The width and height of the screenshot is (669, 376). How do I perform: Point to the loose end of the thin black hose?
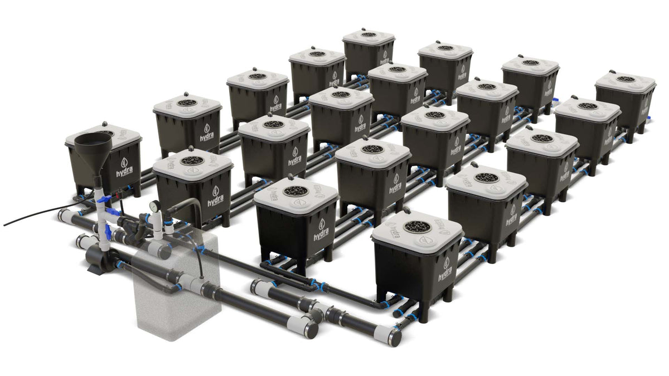coord(5,225)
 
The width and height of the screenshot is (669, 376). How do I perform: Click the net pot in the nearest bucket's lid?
coord(417,227)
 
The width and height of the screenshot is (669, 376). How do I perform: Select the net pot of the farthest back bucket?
coord(369,35)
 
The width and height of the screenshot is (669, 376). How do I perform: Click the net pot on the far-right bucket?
coord(626,79)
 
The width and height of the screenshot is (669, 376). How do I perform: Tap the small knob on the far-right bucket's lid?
coord(612,72)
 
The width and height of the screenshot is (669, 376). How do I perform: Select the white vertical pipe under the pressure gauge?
coord(156,223)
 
